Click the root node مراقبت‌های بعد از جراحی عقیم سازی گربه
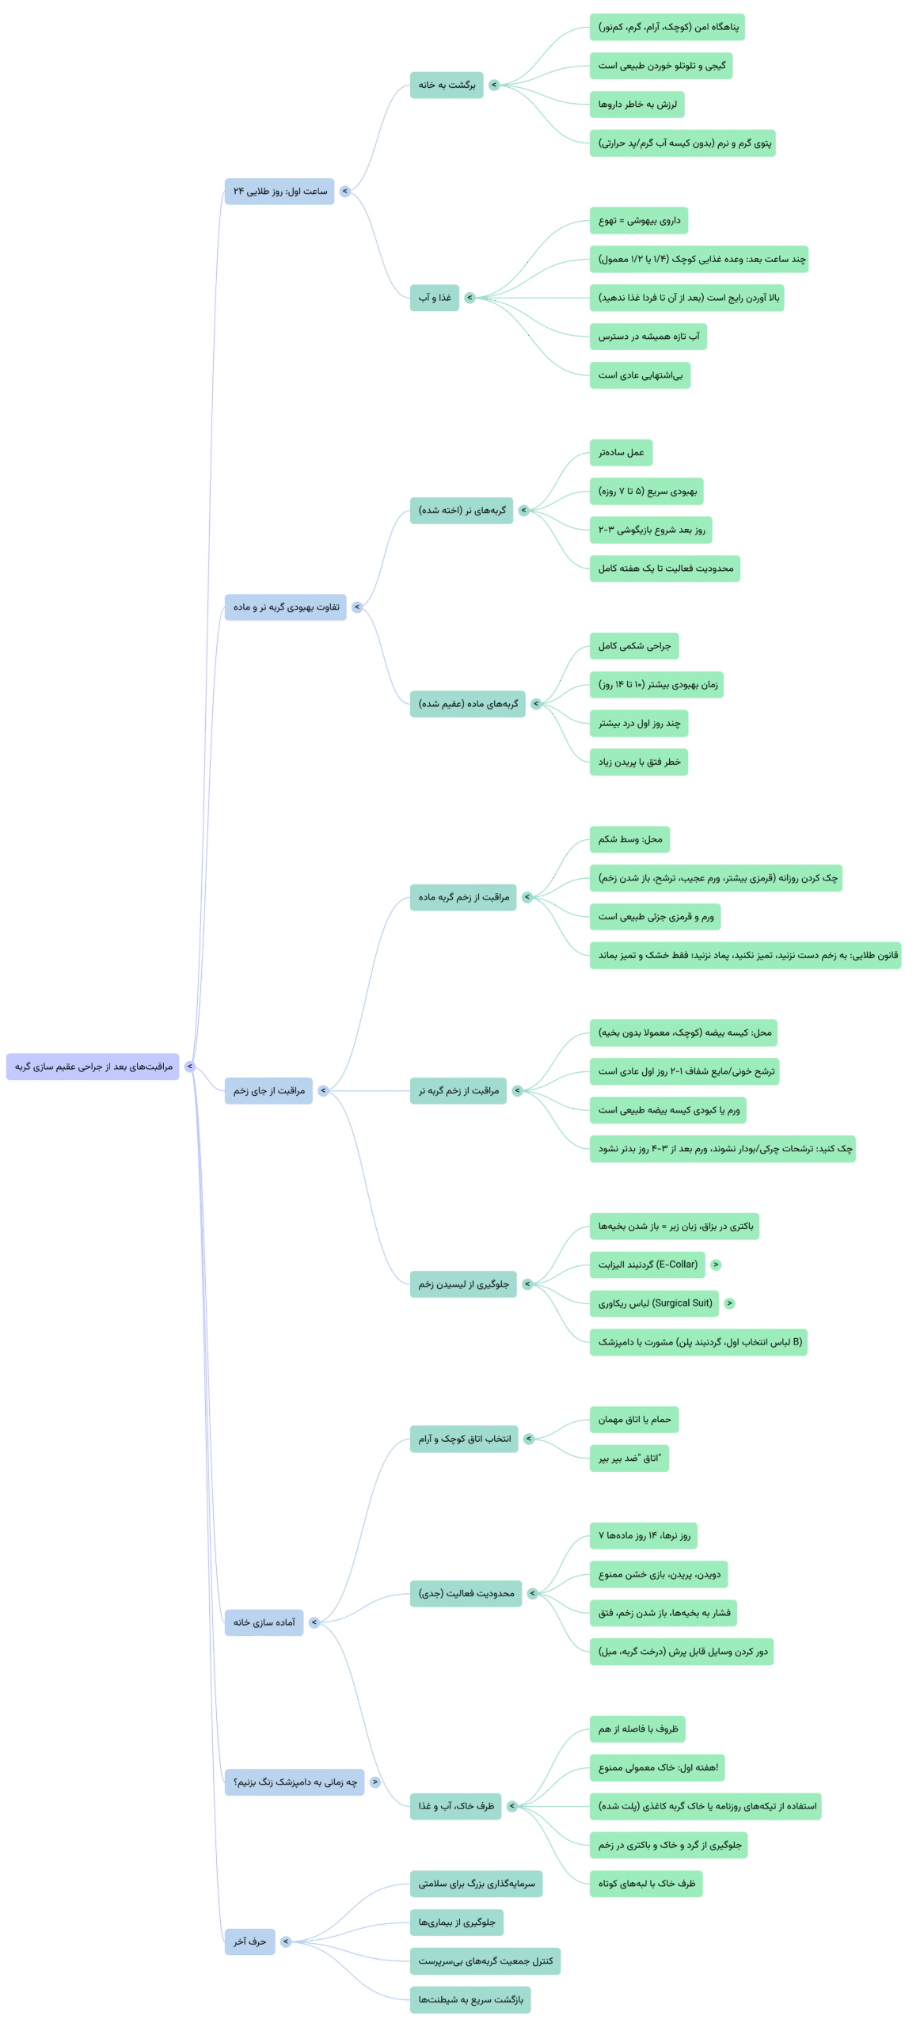93,1066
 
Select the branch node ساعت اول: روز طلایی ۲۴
279,191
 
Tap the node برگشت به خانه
447,85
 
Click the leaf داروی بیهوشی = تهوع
639,220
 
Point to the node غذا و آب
435,298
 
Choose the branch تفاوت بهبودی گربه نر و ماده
285,607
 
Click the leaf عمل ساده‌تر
621,452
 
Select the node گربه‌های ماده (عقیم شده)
468,703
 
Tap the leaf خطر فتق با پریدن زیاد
639,762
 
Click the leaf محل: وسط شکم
629,839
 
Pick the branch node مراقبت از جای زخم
268,1090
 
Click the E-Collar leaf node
648,1264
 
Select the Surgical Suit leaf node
655,1303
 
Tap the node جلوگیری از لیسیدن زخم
463,1284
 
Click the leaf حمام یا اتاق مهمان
634,1419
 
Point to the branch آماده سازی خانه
264,1622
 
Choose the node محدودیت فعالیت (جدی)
466,1593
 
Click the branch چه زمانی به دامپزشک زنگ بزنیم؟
295,1782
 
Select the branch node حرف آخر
249,1941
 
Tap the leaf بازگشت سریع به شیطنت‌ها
470,1999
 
